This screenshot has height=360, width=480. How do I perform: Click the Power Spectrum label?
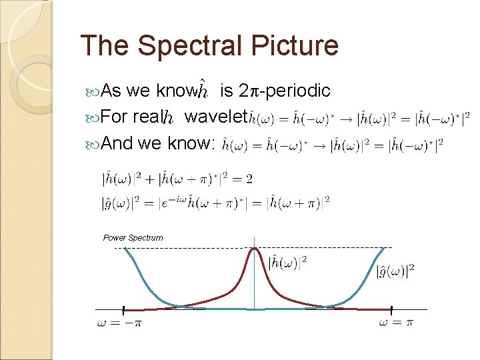(133, 238)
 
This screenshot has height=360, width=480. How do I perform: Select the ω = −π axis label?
(119, 323)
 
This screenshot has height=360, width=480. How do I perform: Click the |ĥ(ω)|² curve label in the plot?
(287, 262)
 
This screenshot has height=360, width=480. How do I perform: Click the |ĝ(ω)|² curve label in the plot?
(395, 270)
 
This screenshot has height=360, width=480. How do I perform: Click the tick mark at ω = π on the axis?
(391, 309)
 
